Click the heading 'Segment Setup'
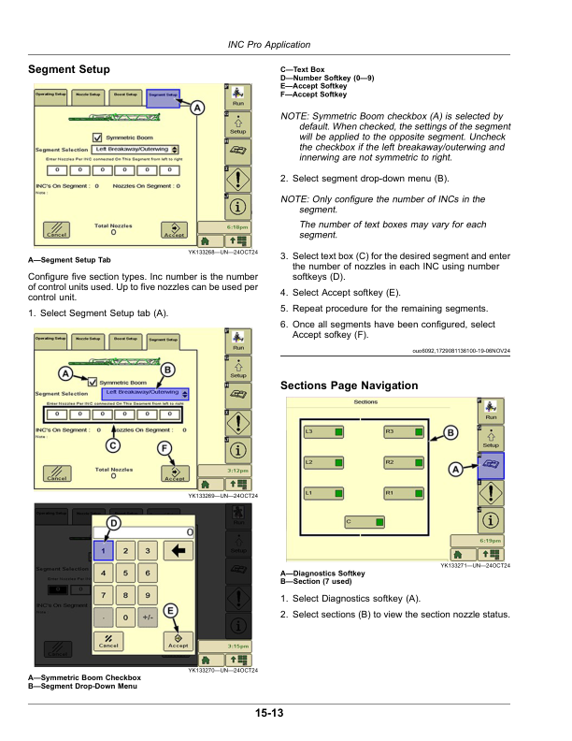[x=69, y=70]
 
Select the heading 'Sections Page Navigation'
[x=350, y=385]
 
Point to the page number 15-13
[x=267, y=715]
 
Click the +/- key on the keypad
[x=147, y=617]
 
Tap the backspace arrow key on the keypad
[x=177, y=551]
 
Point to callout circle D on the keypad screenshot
[x=112, y=522]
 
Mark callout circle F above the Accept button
[x=164, y=448]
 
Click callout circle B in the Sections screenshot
[x=451, y=432]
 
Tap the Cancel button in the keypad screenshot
[x=108, y=643]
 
